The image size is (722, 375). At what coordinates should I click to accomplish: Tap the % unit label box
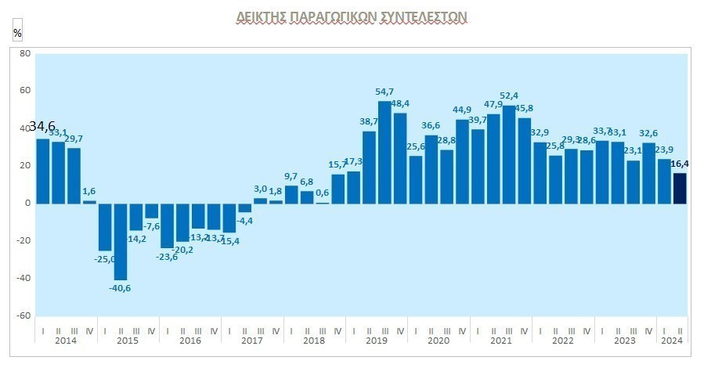(17, 33)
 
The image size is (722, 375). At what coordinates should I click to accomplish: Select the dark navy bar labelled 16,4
(679, 188)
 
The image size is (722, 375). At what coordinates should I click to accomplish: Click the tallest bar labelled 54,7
(384, 152)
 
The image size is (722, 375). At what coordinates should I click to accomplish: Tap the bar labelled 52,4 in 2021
(509, 154)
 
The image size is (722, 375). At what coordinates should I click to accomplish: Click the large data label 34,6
(42, 127)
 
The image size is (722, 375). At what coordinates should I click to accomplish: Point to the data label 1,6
(88, 191)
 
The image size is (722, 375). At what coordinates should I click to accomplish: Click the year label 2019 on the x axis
(377, 341)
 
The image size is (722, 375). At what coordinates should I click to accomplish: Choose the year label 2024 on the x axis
(672, 341)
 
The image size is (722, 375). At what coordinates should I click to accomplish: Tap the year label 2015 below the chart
(128, 341)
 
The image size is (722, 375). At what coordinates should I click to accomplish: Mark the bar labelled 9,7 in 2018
(291, 194)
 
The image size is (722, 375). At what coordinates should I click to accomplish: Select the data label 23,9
(664, 150)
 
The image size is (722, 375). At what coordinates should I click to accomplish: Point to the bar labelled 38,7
(369, 167)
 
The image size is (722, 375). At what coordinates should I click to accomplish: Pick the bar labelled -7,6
(151, 211)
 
